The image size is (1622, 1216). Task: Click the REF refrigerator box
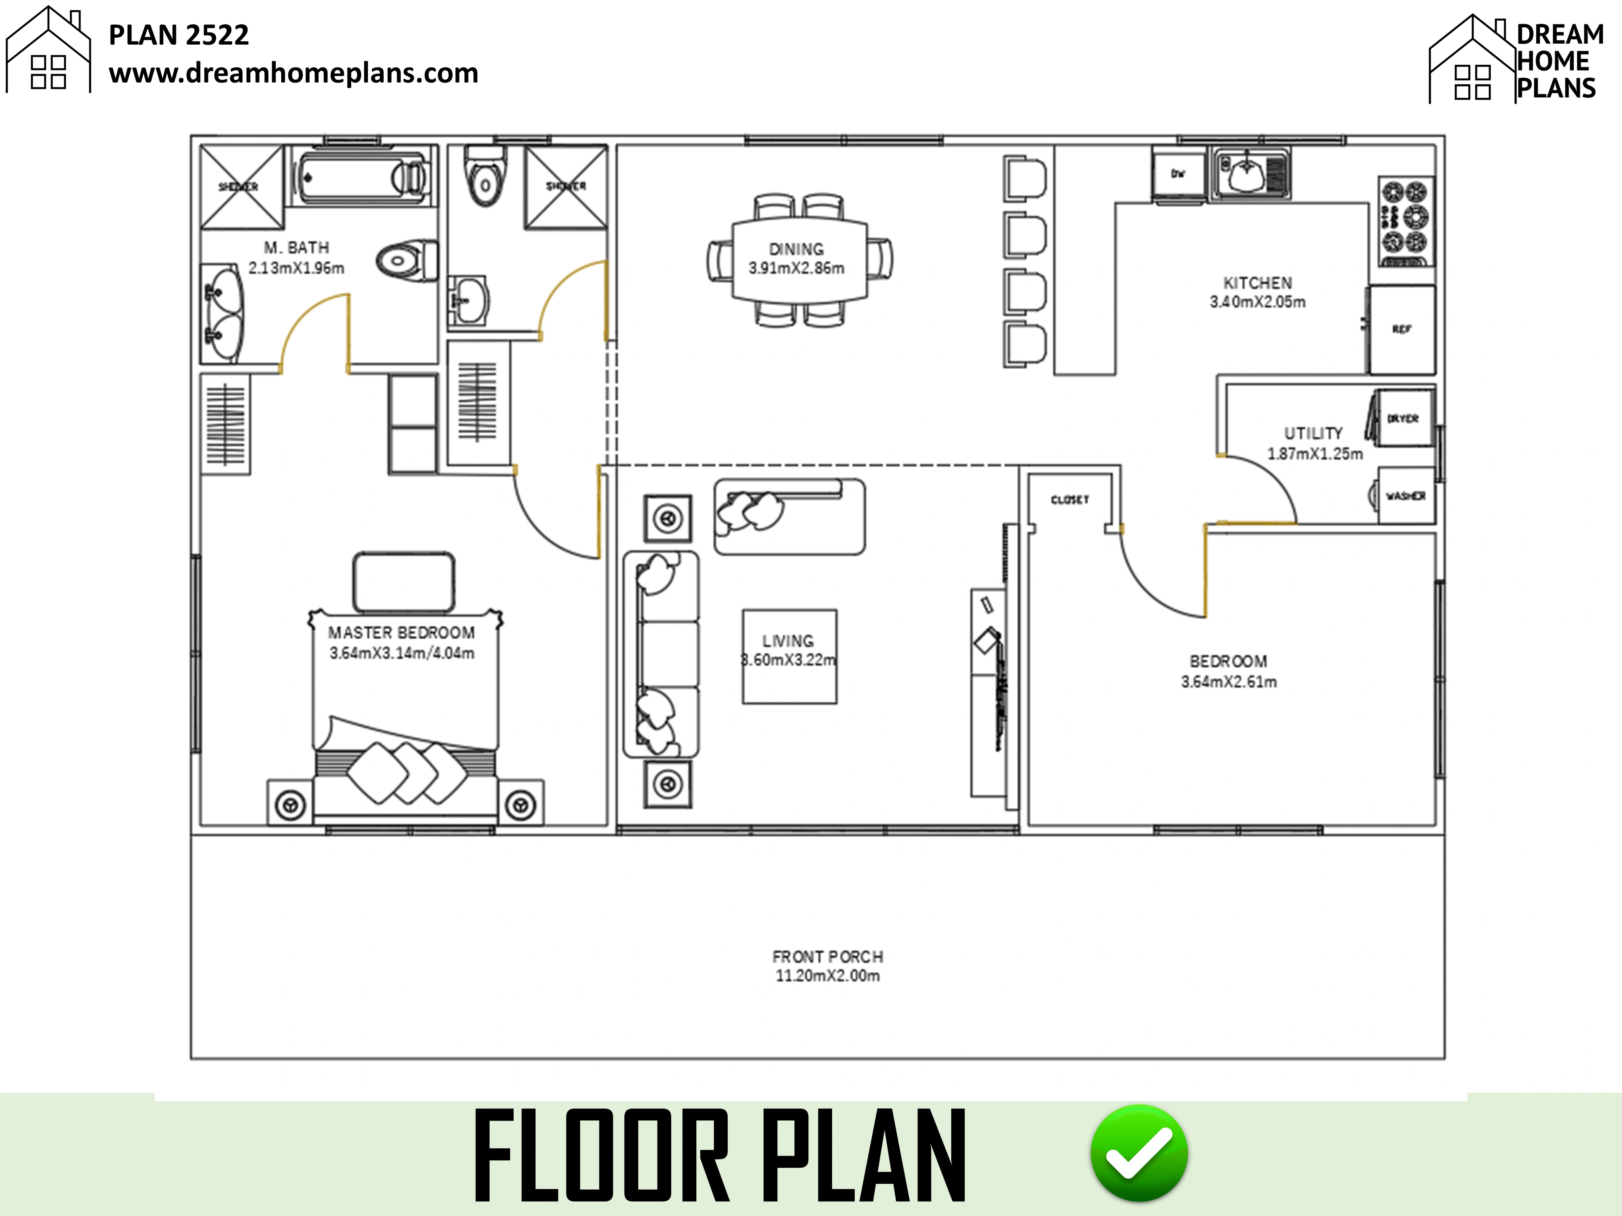pyautogui.click(x=1401, y=330)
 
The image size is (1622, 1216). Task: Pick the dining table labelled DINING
pyautogui.click(x=799, y=259)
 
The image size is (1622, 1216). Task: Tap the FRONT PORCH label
pyautogui.click(x=827, y=957)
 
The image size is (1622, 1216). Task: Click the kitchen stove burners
pyautogui.click(x=1406, y=220)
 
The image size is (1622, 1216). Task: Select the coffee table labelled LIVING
pyautogui.click(x=789, y=656)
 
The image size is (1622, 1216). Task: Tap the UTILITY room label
pyautogui.click(x=1313, y=433)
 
